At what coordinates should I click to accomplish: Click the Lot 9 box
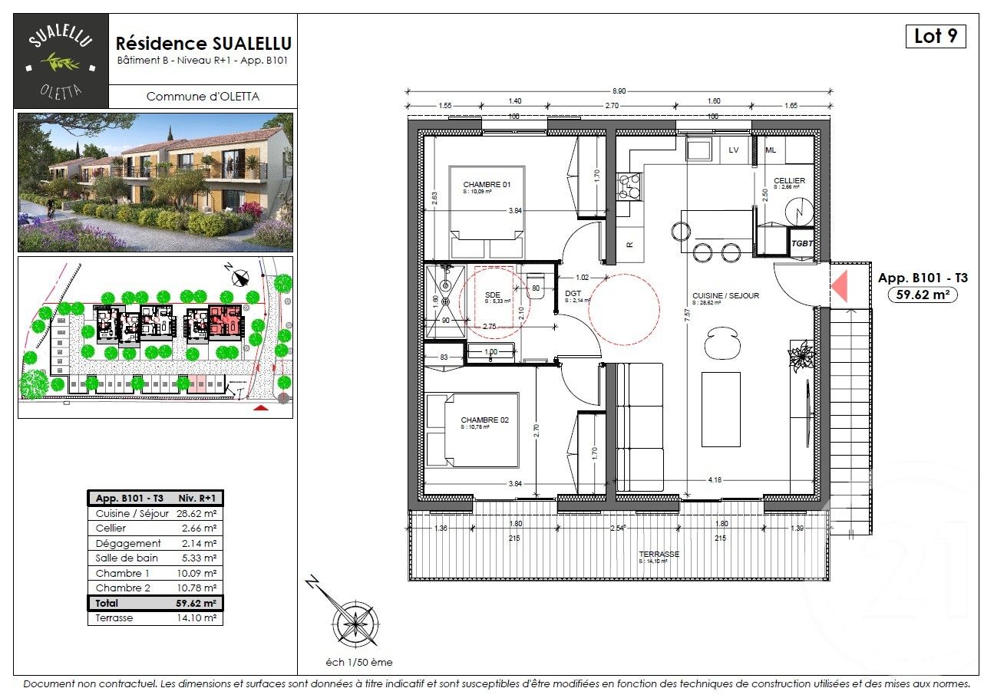(x=935, y=36)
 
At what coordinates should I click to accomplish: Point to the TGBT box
(x=801, y=242)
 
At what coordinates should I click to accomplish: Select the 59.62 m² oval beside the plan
(x=922, y=294)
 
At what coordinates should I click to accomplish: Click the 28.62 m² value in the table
(x=196, y=514)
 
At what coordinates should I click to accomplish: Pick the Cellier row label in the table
(x=111, y=528)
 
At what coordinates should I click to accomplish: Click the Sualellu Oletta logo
(x=61, y=61)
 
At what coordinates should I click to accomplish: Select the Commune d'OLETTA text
(x=203, y=97)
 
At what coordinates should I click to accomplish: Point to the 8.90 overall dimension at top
(x=619, y=91)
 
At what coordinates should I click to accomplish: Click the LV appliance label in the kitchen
(x=734, y=150)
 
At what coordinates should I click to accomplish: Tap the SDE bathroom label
(x=493, y=294)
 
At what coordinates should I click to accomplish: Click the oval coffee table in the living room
(x=721, y=342)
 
